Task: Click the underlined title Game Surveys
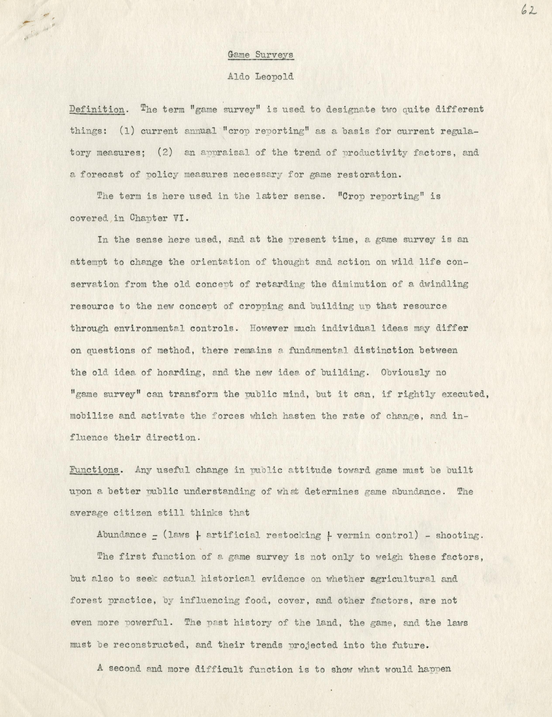pos(261,55)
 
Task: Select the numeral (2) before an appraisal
pos(165,153)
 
